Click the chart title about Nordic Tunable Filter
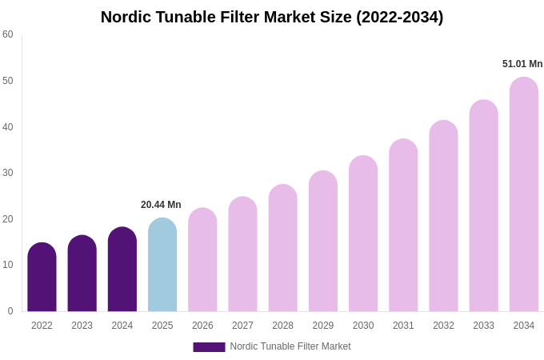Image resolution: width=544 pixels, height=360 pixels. (272, 17)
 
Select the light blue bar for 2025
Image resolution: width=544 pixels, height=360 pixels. (162, 266)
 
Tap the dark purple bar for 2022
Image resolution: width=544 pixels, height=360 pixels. (42, 278)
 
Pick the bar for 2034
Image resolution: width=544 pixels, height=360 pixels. (523, 195)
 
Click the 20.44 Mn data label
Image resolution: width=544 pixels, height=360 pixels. (161, 205)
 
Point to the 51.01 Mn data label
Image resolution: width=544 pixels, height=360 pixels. (522, 64)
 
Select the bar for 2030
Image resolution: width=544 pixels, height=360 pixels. (363, 234)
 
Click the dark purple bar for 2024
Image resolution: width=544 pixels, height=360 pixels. (122, 270)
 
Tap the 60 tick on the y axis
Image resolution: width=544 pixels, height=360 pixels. (8, 34)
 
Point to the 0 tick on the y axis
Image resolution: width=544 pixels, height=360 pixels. (10, 311)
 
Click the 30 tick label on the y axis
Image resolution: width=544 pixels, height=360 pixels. (8, 173)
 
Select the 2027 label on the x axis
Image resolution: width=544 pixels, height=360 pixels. (242, 326)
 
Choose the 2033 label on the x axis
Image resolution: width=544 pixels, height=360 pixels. (483, 326)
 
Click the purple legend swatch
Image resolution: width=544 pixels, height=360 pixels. (209, 347)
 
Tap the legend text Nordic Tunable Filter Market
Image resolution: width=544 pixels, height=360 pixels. (290, 346)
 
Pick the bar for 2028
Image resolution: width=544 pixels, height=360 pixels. (282, 249)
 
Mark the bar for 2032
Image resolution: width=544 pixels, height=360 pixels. (443, 217)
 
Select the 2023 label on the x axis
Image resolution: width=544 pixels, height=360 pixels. (82, 326)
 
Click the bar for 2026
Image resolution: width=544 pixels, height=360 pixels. (202, 261)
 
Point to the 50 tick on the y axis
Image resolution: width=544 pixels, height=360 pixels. (8, 81)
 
